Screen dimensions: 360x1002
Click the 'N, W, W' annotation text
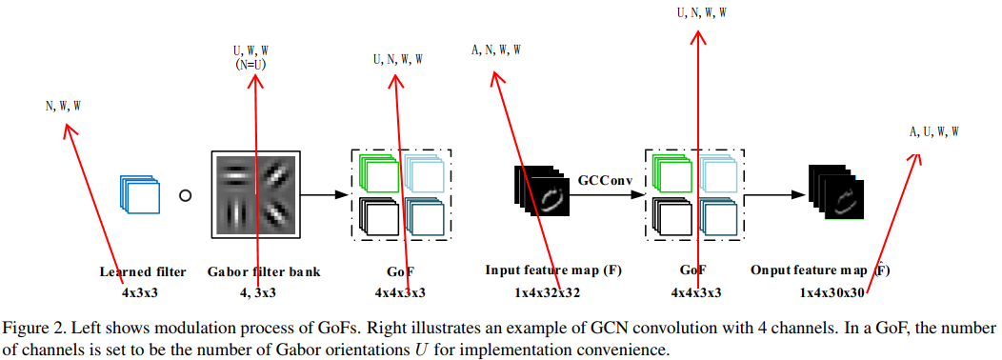click(x=63, y=107)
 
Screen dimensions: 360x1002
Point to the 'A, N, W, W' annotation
click(x=496, y=49)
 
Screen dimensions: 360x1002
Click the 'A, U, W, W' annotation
click(x=933, y=131)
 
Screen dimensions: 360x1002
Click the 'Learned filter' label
click(x=144, y=271)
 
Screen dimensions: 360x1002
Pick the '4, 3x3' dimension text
click(x=257, y=292)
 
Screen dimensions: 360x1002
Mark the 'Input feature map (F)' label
click(x=553, y=271)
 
